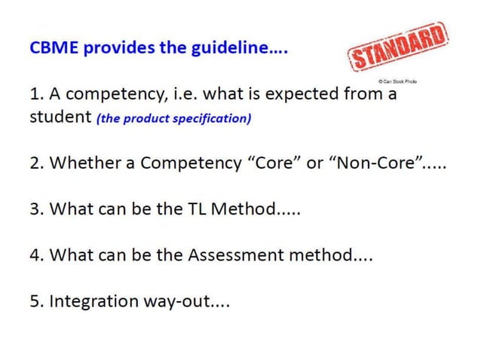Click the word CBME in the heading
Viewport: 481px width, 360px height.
click(x=55, y=48)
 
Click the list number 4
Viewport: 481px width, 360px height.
click(x=35, y=255)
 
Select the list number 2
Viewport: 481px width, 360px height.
click(x=35, y=164)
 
